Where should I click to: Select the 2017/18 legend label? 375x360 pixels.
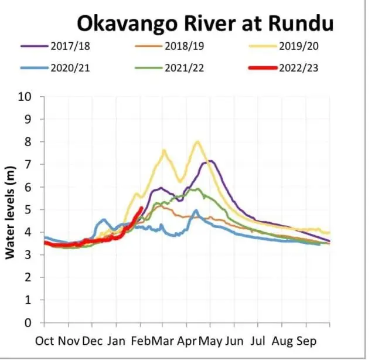[x=70, y=46]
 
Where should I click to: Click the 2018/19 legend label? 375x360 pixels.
[x=185, y=46]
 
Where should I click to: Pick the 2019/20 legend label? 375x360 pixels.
[x=299, y=46]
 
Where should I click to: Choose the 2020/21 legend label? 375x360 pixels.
[x=70, y=68]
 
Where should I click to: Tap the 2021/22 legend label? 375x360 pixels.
[x=185, y=68]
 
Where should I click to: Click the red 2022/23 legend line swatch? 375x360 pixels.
[x=263, y=68]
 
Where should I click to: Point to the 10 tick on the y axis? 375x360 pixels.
[x=25, y=97]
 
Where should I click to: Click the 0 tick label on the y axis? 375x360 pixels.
[x=28, y=323]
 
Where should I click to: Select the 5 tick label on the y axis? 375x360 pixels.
[x=28, y=210]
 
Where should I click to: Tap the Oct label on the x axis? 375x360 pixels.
[x=45, y=341]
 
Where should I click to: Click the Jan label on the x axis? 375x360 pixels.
[x=116, y=341]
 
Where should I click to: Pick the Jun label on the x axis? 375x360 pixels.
[x=234, y=341]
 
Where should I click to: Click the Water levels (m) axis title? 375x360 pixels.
[x=10, y=212]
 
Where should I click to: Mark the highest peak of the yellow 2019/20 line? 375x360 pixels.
[x=197, y=141]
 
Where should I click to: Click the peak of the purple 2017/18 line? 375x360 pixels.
[x=210, y=161]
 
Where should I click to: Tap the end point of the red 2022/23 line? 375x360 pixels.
[x=142, y=208]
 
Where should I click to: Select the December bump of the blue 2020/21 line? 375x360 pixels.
[x=104, y=219]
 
